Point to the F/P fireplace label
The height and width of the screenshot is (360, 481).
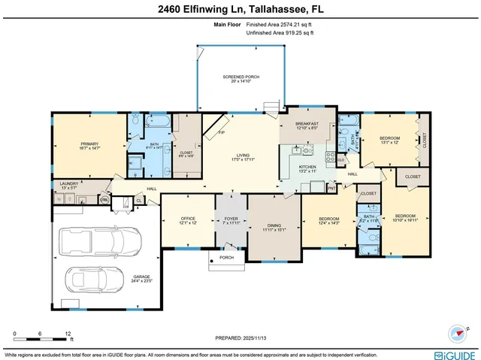pos(222,133)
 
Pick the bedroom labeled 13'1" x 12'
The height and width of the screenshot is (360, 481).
pos(389,141)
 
